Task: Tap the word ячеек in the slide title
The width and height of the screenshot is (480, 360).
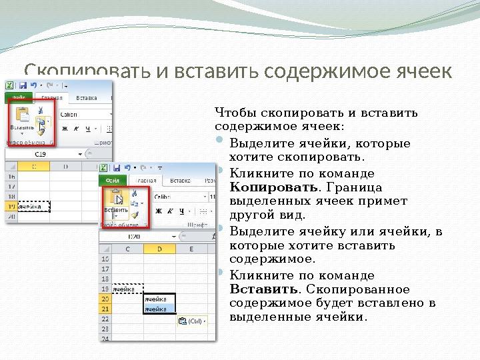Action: tap(417, 71)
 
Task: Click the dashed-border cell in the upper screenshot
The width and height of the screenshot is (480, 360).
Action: tap(35, 207)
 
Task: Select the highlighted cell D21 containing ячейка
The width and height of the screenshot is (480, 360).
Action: tap(159, 309)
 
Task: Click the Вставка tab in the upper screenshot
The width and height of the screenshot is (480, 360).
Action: tap(87, 99)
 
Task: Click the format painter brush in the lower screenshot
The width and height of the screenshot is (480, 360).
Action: tap(135, 215)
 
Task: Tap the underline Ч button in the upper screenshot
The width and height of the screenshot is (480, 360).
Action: tap(89, 128)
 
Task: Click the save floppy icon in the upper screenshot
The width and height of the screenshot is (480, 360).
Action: tap(23, 86)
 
